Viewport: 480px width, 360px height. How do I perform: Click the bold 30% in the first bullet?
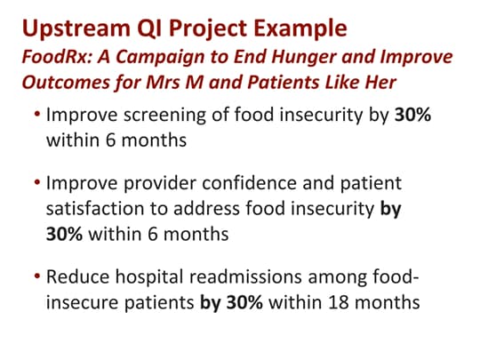pos(412,116)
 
